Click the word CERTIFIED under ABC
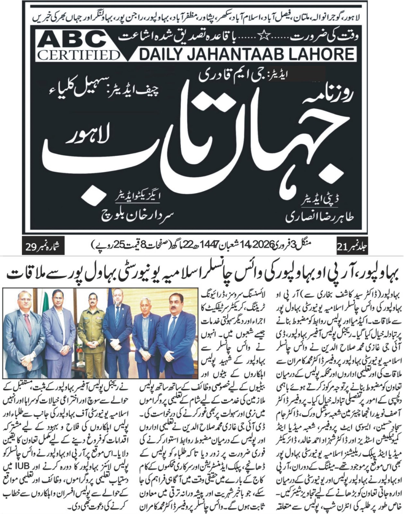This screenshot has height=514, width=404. coord(78,55)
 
